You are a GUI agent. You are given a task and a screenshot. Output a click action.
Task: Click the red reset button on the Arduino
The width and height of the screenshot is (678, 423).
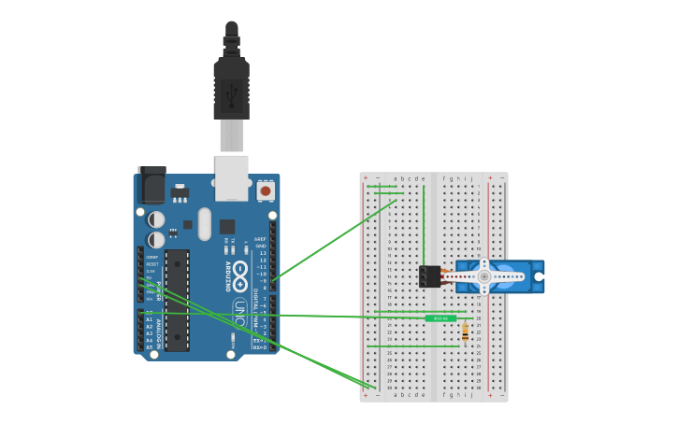(266, 190)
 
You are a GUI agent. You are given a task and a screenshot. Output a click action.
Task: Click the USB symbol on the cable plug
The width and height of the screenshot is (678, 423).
(231, 92)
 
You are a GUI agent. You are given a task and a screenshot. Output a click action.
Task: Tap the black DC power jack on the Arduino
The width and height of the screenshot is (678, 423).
(151, 185)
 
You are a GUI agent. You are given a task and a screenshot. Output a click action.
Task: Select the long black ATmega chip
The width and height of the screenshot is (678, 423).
(177, 300)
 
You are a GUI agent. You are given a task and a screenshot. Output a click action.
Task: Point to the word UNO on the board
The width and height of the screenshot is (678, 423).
(239, 313)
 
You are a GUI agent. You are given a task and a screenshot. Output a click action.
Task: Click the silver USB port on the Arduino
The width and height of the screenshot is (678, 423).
(231, 176)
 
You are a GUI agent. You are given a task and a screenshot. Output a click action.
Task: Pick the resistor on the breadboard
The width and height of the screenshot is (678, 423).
(466, 331)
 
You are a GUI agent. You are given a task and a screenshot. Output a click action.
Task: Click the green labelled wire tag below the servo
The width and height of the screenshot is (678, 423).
(440, 318)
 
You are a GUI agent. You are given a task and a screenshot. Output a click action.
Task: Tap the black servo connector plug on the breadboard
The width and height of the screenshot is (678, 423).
(429, 276)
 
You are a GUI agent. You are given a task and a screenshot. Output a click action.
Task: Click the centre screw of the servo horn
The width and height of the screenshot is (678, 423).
(483, 276)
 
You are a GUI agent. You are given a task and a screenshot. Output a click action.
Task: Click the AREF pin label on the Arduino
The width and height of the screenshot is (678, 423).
(261, 239)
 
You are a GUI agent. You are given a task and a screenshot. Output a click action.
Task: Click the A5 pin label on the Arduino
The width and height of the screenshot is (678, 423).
(149, 347)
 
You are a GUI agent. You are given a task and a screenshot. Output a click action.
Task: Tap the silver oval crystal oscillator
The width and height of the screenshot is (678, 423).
(204, 223)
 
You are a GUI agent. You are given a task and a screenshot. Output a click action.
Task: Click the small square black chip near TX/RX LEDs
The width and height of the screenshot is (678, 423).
(227, 226)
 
